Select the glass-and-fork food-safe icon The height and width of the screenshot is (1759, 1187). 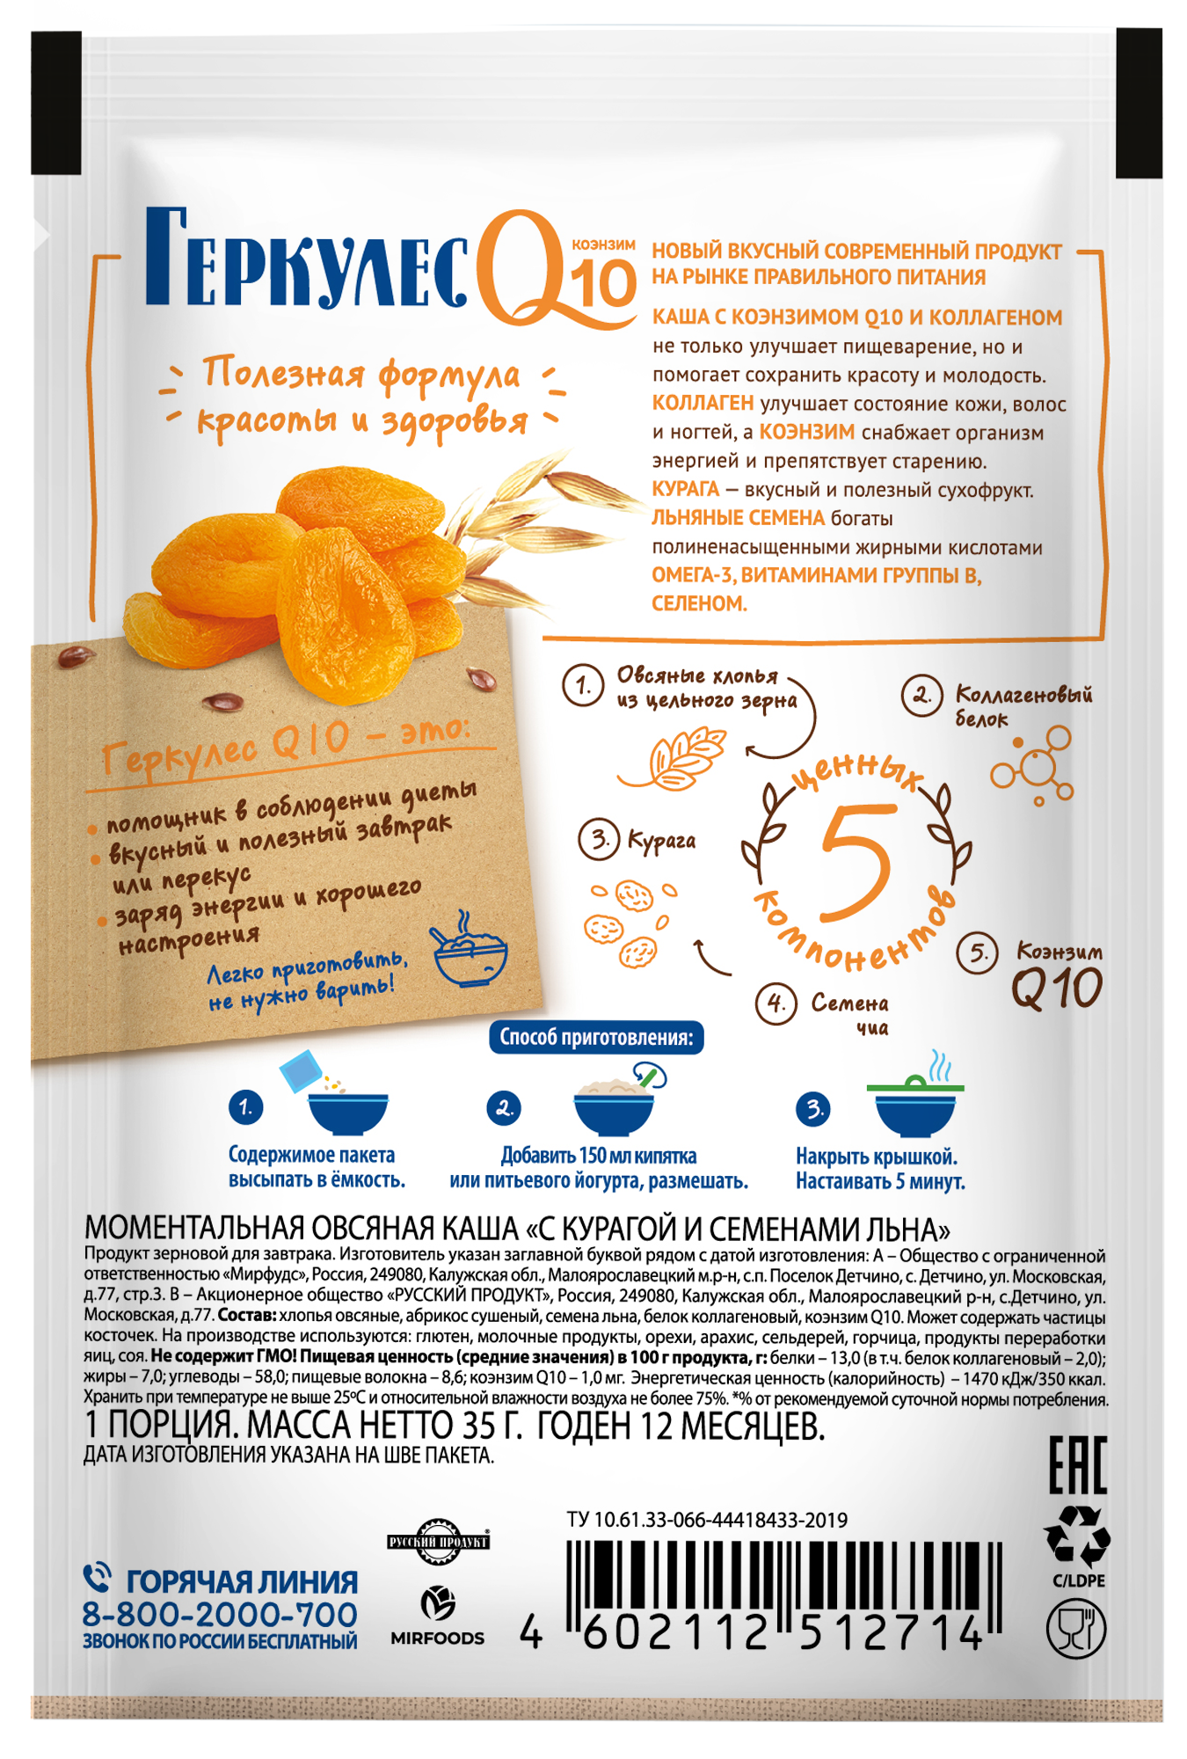[1076, 1629]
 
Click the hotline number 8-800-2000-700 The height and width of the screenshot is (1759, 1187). [220, 1615]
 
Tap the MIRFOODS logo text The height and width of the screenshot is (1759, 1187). [437, 1638]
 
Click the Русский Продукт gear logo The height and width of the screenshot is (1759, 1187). [438, 1542]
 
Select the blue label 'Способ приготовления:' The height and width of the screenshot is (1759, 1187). [596, 1037]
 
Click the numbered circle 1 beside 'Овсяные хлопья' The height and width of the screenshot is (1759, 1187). [583, 685]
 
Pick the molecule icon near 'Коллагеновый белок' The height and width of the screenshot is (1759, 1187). [1032, 766]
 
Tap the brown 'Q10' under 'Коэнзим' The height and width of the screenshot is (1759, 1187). [1056, 989]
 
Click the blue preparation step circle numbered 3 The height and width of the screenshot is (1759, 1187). [813, 1108]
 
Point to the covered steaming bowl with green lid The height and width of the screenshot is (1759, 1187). [915, 1095]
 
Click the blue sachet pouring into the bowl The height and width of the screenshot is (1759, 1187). [301, 1071]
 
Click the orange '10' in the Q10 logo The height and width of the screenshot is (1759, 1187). [603, 284]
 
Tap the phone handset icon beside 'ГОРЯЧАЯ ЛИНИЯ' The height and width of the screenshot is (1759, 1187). [97, 1578]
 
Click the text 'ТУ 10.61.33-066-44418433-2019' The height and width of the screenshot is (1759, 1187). [707, 1520]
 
